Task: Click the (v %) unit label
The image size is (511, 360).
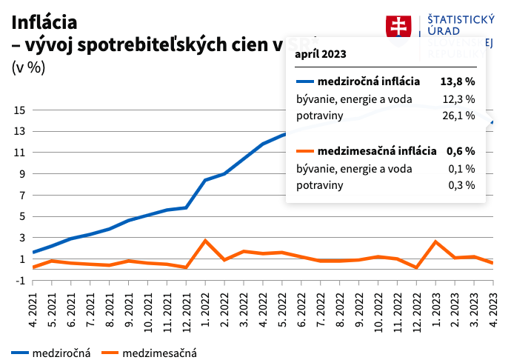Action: coord(28,67)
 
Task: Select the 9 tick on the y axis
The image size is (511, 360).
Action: coord(23,174)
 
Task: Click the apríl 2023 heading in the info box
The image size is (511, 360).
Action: coord(320,55)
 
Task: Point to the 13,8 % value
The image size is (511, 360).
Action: coord(457,81)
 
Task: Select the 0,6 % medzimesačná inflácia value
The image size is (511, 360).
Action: coord(460,150)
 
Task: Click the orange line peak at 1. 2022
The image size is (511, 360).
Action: coord(205,241)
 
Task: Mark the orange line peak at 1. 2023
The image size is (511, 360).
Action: coord(435,241)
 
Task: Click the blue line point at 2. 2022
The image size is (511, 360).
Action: coord(224,174)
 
